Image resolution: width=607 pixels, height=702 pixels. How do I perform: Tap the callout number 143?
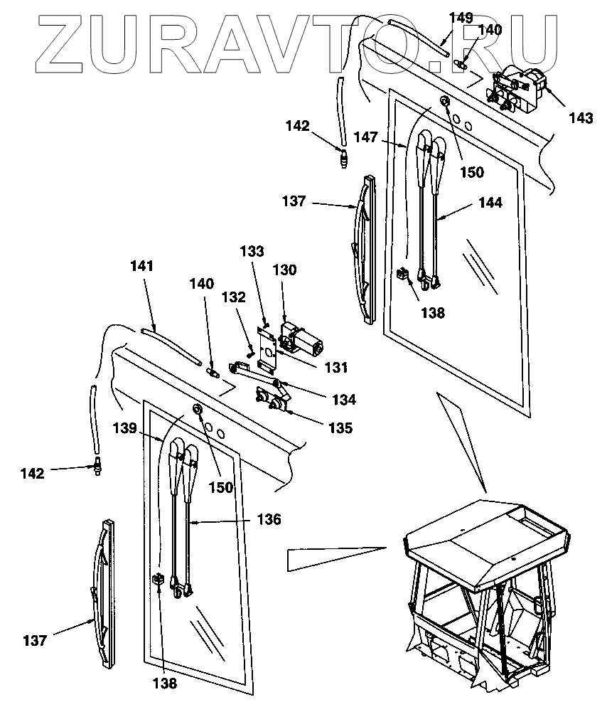580,118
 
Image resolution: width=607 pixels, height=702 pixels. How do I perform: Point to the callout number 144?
490,203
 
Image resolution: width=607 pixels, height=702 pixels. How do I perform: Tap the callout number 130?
289,270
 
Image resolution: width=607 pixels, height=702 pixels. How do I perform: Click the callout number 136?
269,519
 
